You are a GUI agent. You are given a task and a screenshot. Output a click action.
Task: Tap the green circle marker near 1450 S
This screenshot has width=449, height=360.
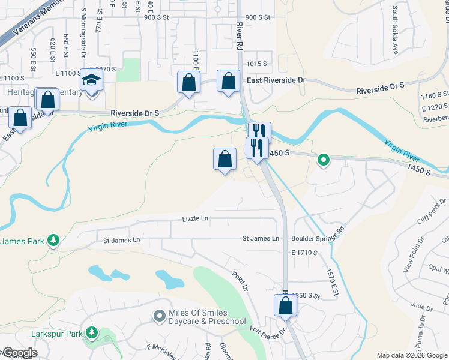[323, 160]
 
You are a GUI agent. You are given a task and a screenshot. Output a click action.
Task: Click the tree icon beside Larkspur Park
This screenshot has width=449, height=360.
[91, 332]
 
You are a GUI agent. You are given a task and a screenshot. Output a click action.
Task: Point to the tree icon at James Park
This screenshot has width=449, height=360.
[53, 241]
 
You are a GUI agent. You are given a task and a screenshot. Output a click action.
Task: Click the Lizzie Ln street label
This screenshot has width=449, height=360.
[195, 219]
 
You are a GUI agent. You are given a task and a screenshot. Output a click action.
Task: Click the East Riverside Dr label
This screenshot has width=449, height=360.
[276, 80]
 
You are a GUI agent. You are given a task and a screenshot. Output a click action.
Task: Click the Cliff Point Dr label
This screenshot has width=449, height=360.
[428, 220]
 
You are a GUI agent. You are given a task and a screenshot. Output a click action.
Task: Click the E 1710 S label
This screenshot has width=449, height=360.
[304, 253]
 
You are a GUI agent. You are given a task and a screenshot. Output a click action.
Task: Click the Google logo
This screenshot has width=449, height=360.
[19, 353]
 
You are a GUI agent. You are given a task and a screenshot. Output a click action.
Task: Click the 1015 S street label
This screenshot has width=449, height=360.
[256, 64]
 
